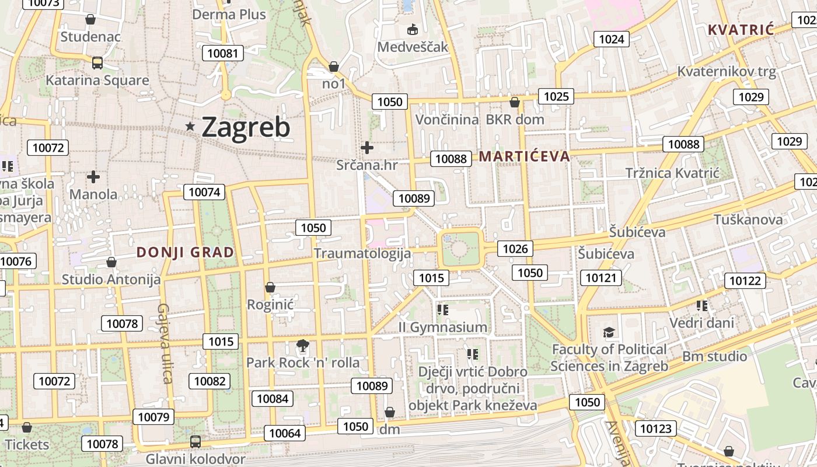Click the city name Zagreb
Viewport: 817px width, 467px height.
(x=246, y=127)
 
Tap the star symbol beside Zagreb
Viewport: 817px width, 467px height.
(x=190, y=126)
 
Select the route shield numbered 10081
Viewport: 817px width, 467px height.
(x=223, y=54)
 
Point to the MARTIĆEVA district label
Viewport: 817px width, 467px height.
(x=524, y=156)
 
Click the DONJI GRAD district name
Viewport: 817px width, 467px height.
(x=185, y=252)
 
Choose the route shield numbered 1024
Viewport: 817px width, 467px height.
(x=612, y=39)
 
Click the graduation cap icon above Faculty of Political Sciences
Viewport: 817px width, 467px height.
(x=609, y=333)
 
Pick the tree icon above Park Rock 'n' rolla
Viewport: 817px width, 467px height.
(x=302, y=346)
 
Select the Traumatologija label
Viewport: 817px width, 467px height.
(x=362, y=253)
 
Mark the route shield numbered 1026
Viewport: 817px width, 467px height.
(x=515, y=249)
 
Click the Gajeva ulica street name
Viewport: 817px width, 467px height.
(x=165, y=343)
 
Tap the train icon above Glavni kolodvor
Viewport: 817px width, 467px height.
(x=195, y=442)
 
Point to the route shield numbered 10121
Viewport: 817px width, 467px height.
(x=601, y=278)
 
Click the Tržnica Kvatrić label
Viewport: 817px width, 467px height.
(x=672, y=173)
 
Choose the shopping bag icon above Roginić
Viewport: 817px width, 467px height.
(x=270, y=287)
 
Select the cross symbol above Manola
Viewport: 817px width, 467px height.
(x=93, y=176)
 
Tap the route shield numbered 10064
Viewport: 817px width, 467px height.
(x=285, y=433)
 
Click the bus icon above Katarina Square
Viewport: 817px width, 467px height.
(x=97, y=63)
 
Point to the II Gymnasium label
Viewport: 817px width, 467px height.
(x=442, y=327)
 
